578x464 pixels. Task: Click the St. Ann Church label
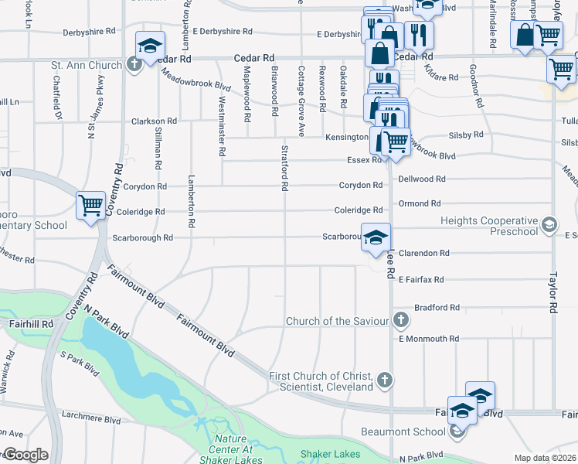pos(87,65)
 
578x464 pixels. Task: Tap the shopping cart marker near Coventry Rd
pos(90,206)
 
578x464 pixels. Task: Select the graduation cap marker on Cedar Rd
pos(149,46)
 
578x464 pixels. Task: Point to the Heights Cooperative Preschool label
pos(488,226)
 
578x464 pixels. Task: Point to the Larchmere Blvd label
pos(91,421)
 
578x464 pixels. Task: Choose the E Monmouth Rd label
pos(429,339)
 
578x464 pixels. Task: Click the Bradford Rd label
pos(437,307)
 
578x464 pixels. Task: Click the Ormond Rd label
pos(420,203)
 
